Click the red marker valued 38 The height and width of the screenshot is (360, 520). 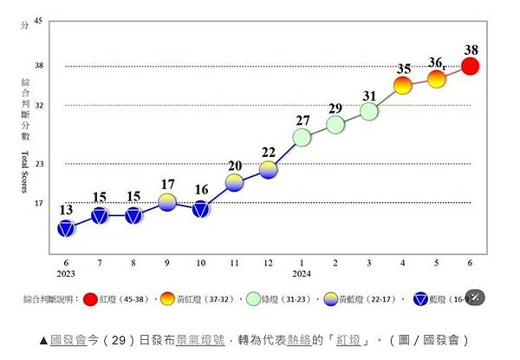[x=471, y=67]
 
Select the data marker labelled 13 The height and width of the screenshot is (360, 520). [x=66, y=228]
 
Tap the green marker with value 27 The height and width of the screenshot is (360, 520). [x=302, y=137]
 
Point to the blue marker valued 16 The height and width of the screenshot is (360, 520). [x=201, y=208]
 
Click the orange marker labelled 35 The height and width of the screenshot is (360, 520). [x=403, y=85]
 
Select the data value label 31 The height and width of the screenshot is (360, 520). [x=369, y=96]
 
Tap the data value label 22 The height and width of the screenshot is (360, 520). [x=268, y=153]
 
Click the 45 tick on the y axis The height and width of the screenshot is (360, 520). [x=37, y=24]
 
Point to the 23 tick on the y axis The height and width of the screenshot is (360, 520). [x=37, y=163]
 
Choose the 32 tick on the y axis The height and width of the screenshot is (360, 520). [x=37, y=105]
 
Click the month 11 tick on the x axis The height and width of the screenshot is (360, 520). [x=235, y=261]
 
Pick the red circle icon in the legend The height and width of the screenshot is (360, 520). [x=89, y=299]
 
